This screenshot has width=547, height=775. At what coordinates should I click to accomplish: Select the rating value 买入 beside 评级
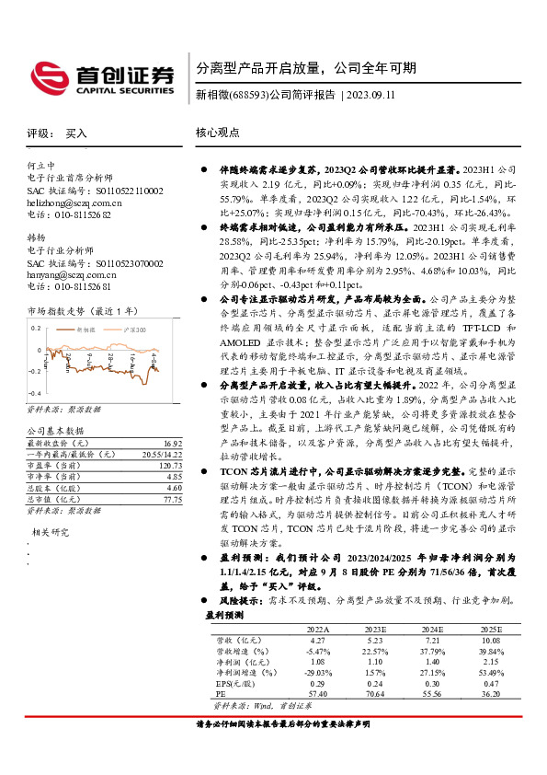pos(76,133)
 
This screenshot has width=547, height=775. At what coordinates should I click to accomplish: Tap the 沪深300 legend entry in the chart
pos(131,329)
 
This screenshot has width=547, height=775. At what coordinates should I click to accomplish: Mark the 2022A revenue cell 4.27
pos(318,639)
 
